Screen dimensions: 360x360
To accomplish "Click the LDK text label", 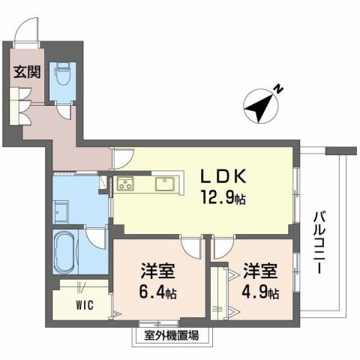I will [219, 176].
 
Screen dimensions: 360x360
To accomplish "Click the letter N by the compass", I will [277, 90].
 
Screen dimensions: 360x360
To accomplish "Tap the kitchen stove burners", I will [125, 184].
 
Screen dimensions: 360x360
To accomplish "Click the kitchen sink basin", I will [165, 184].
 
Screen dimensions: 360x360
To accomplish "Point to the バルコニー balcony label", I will [320, 244].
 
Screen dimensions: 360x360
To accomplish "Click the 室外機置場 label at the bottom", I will [166, 335].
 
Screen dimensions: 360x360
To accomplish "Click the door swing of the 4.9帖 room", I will [223, 247].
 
